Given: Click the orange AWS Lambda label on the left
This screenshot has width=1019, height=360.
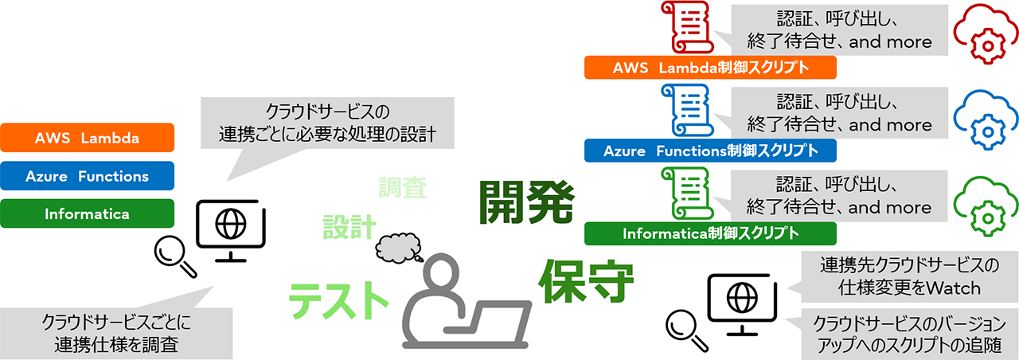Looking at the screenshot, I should coord(88,138).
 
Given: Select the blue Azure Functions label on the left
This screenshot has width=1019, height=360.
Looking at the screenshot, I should coord(88,176).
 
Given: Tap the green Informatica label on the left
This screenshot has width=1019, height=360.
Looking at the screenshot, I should coord(88,213).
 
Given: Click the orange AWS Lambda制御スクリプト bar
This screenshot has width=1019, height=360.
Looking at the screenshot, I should coord(710,67).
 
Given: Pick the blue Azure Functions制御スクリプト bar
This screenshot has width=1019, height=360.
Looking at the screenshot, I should coord(710,151).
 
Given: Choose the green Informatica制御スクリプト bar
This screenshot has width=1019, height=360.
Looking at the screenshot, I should coord(710,233).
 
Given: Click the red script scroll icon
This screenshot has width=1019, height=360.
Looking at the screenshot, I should coord(685,28).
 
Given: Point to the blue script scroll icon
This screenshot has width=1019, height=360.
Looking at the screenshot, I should coord(685,112).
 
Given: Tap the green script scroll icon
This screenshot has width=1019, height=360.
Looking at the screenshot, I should coord(685,194).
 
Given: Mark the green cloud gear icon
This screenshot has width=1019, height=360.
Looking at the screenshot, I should coord(986,204).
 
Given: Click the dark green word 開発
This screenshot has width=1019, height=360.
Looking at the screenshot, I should coord(525,202).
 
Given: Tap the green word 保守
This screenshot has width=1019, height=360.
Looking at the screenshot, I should coord(586,280).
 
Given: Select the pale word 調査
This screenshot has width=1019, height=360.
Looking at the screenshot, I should coord(402,188).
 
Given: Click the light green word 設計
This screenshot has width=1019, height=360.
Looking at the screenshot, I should coord(349,228).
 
